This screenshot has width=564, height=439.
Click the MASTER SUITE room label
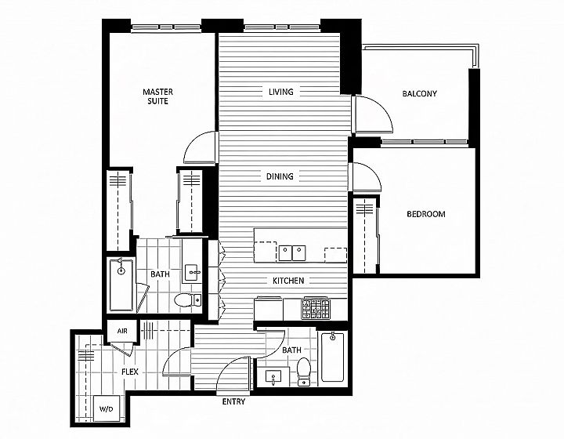click(158, 96)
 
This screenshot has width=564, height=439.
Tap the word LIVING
click(281, 92)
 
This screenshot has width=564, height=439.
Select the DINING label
click(280, 176)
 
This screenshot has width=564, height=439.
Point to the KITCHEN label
click(288, 281)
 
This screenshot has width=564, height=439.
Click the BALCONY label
click(419, 94)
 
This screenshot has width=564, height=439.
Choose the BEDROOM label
click(426, 214)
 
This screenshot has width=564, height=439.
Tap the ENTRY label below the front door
click(233, 401)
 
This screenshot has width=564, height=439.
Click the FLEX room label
click(130, 372)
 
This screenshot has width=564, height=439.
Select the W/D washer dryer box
click(107, 408)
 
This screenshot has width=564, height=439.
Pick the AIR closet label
click(122, 331)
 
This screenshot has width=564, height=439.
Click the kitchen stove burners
click(316, 308)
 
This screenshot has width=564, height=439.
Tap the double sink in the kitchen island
click(291, 253)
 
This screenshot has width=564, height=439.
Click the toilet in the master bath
click(188, 299)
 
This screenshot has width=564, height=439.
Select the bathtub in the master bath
click(121, 285)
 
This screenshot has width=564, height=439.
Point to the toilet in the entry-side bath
click(304, 372)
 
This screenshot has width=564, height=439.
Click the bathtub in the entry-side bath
click(332, 357)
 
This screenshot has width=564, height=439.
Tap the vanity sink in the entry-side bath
click(273, 377)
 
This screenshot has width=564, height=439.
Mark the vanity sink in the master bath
click(192, 272)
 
